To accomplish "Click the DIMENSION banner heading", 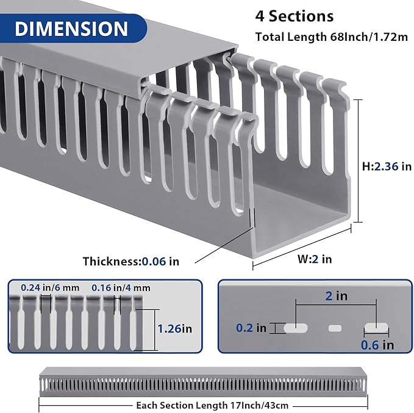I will (72, 29).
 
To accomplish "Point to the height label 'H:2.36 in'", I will (387, 167).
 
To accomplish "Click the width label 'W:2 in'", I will (315, 259).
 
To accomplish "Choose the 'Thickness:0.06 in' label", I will (131, 261).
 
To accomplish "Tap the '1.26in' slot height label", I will (174, 328).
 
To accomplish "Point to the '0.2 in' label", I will (251, 328).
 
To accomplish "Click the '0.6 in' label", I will (378, 345).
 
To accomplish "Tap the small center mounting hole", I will (335, 328).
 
